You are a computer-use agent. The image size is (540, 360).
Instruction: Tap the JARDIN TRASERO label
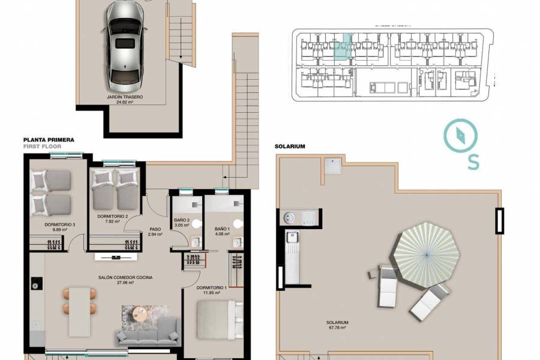[125, 99]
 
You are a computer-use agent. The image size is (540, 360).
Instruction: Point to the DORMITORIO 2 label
[113, 218]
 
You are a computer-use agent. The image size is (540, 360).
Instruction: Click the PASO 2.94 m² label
[155, 232]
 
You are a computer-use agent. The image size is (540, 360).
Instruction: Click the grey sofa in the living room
[148, 332]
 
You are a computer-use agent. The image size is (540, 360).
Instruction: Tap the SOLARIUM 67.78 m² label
[338, 325]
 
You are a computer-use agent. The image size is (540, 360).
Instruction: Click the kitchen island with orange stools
[80, 311]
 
